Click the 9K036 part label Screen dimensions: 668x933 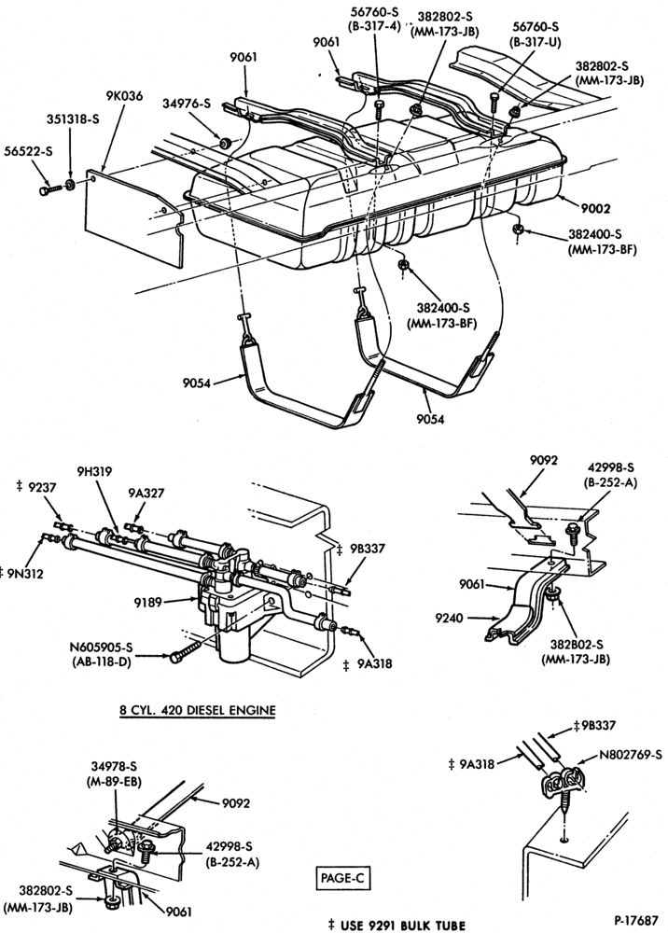point(124,95)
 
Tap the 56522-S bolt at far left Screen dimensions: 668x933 point(50,189)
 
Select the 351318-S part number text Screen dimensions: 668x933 point(73,119)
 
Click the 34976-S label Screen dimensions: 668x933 point(187,104)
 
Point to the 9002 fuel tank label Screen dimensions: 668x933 point(596,209)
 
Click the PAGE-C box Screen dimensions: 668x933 point(342,878)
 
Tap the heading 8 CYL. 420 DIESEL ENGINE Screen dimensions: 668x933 point(198,710)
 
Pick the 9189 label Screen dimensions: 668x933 point(147,602)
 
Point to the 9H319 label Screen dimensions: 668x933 point(94,471)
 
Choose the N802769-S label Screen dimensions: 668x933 point(630,755)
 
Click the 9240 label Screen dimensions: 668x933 point(449,618)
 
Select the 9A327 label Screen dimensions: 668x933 point(146,493)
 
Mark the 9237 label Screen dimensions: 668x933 point(42,487)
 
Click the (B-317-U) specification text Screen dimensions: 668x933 point(535,42)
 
